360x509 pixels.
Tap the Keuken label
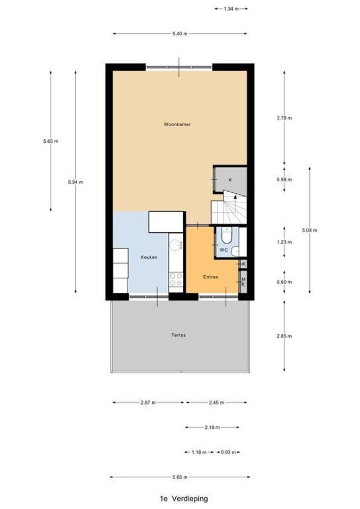click(x=148, y=257)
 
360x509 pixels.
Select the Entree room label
click(x=210, y=277)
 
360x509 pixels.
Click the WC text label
click(x=224, y=250)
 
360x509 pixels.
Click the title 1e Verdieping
click(x=183, y=498)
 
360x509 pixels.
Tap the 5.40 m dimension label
click(x=180, y=33)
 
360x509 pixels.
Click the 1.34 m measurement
click(x=230, y=8)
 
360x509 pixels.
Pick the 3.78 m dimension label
click(x=284, y=118)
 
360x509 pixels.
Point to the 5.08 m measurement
click(x=310, y=230)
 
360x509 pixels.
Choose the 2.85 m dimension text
click(x=284, y=336)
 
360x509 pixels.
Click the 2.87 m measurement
click(x=148, y=402)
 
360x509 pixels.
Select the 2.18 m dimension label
click(x=212, y=427)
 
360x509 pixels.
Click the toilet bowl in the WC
click(x=227, y=234)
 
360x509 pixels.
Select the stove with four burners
click(x=176, y=279)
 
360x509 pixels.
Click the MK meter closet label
click(x=244, y=281)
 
